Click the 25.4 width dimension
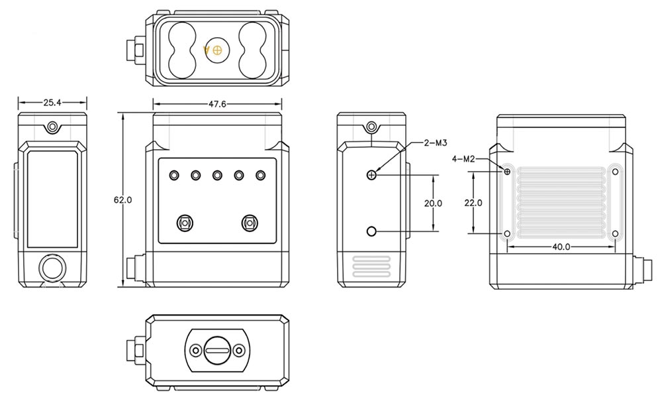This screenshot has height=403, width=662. tap(52, 103)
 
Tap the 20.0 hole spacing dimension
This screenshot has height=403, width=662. tap(433, 203)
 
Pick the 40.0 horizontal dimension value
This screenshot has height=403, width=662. tap(561, 247)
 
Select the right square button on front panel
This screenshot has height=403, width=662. tap(250, 223)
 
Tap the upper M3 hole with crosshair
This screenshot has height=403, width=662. tap(371, 175)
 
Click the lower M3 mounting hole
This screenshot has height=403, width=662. tap(371, 231)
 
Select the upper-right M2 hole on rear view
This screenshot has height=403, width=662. tap(616, 172)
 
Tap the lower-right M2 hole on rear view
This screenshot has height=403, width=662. tap(616, 233)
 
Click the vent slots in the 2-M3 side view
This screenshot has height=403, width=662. tap(371, 266)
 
